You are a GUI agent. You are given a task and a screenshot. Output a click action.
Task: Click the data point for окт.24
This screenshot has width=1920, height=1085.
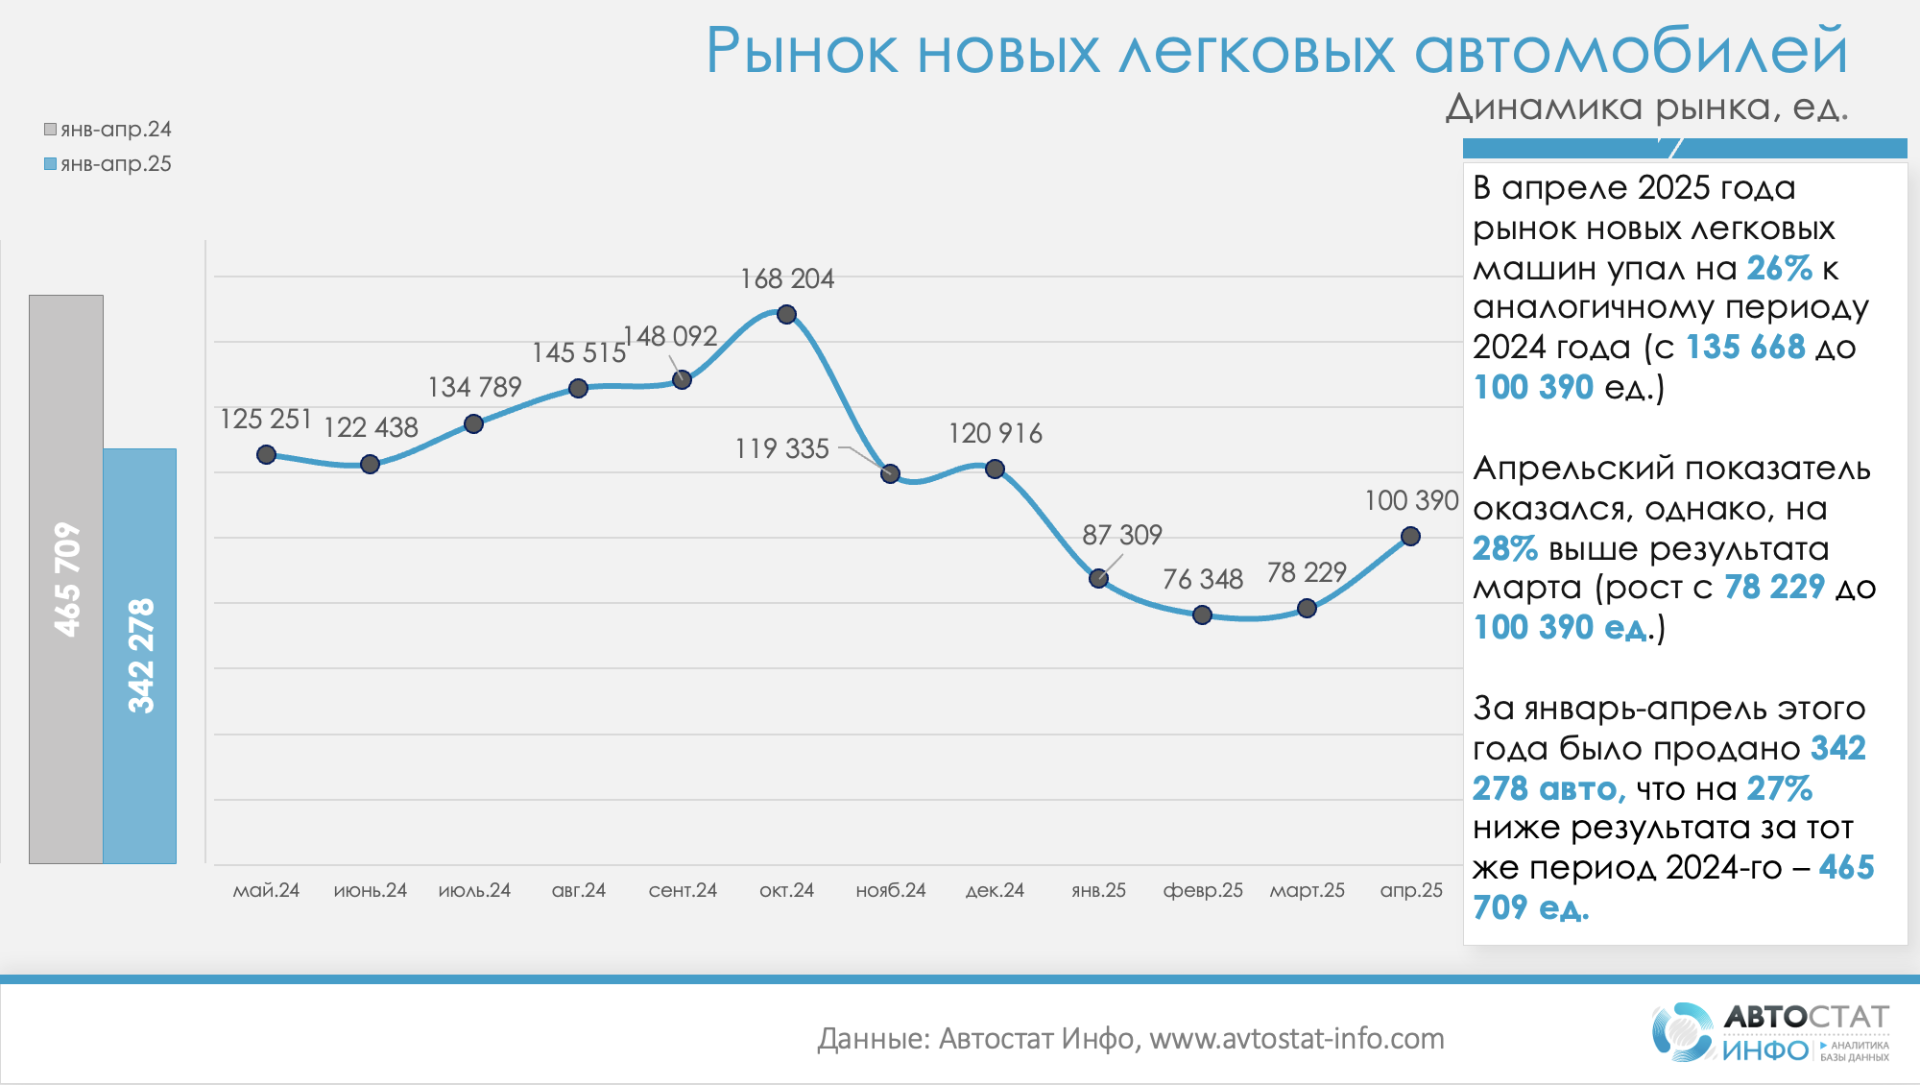coord(786,314)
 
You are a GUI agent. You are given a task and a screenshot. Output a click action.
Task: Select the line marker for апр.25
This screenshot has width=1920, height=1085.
coord(1410,537)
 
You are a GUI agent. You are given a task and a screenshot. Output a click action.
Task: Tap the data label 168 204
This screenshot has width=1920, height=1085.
coord(786,279)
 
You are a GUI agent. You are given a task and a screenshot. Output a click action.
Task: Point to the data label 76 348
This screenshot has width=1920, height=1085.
coord(1202,579)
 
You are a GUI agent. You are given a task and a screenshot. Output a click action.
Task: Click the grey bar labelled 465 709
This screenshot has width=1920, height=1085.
coord(66,579)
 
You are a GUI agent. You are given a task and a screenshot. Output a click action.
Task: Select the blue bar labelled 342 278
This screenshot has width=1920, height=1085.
coord(140,656)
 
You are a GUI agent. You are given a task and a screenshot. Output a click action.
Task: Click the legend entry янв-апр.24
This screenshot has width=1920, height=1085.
coord(108,130)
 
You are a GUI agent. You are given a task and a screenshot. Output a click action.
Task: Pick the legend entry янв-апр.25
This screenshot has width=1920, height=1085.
coord(108,164)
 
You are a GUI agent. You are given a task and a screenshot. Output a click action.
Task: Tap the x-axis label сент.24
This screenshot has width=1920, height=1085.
coord(683,890)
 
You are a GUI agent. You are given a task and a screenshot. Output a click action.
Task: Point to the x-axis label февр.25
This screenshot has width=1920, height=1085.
coord(1203,890)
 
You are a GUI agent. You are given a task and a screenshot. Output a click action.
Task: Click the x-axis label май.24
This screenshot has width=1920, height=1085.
coord(266,890)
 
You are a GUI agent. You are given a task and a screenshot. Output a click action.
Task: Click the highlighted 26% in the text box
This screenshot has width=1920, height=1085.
coord(1779,268)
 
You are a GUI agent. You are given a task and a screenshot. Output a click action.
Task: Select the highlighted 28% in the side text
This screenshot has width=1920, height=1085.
coord(1504,548)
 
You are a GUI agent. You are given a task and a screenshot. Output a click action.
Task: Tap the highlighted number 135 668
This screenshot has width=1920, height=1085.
coord(1745,348)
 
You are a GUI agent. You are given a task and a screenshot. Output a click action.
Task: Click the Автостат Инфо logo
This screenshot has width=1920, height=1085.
coord(1770,1032)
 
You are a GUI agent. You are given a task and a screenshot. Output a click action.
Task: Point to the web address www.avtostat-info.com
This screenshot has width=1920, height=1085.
coord(1296,1038)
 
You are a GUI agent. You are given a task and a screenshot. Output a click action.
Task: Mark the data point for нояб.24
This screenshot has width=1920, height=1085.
coord(890,473)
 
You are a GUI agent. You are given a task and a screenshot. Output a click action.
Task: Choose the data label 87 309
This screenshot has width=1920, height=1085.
coord(1121,535)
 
